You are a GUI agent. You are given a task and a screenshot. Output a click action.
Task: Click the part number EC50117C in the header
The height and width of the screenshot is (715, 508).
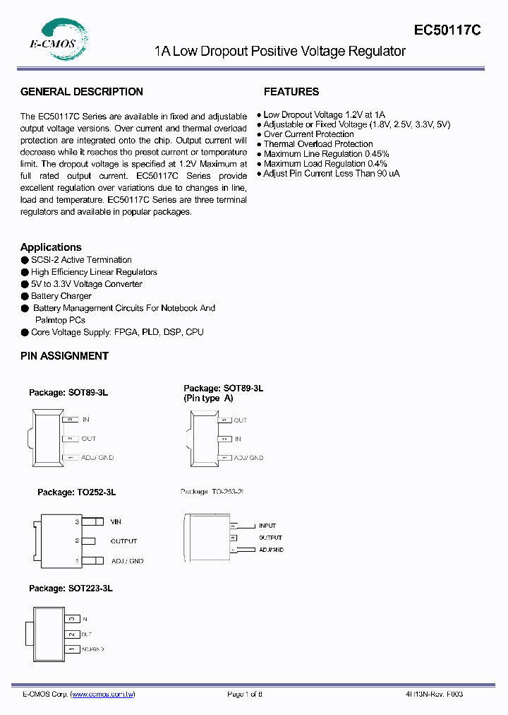pos(448,30)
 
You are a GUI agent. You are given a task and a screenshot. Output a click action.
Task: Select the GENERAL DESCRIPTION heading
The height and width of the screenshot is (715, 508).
pos(82,92)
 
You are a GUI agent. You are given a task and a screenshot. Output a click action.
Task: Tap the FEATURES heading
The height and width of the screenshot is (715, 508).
pos(291,92)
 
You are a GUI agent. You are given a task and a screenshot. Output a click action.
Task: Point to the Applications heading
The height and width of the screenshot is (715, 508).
pos(51,247)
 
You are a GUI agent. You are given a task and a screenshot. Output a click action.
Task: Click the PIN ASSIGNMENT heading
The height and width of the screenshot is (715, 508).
pos(64,356)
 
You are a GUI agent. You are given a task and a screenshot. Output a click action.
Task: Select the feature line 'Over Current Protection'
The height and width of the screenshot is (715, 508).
pos(308,134)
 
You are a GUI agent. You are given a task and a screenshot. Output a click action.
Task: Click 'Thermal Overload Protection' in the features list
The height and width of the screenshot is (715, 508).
pos(318,144)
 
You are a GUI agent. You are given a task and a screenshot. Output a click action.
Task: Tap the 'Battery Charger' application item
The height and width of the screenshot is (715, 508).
pos(61,296)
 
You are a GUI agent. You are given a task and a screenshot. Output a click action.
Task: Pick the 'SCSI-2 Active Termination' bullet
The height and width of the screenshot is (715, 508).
pos(81,260)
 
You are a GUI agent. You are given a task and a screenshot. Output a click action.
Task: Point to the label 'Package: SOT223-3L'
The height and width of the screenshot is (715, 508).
pos(71,588)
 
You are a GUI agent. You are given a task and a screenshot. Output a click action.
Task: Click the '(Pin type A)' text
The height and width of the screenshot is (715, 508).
pos(208,398)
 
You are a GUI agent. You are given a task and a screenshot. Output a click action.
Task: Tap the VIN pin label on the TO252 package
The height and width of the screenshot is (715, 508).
pos(116,522)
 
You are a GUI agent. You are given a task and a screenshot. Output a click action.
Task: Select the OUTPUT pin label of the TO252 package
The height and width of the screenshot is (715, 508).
pos(123,541)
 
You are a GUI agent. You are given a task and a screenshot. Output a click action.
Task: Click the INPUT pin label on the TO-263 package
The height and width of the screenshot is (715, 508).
pos(267,526)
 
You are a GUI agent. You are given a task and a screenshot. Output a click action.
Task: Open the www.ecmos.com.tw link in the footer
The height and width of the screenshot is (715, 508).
pos(103,695)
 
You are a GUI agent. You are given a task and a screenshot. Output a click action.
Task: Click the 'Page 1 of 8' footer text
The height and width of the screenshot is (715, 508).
pos(245,695)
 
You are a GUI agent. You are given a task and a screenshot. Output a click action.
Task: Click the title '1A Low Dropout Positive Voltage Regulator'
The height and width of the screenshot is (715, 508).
pos(280,52)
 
